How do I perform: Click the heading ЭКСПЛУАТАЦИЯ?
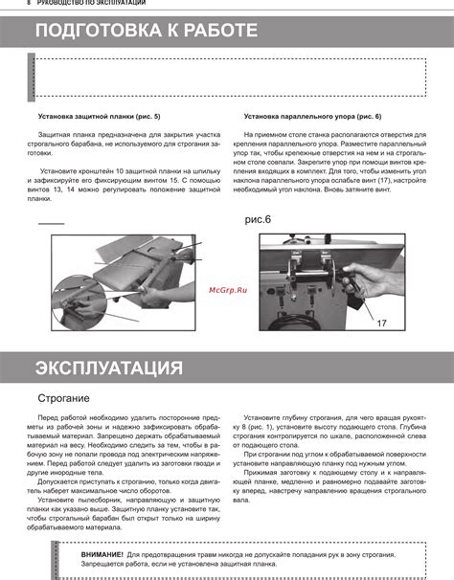click(108, 368)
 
